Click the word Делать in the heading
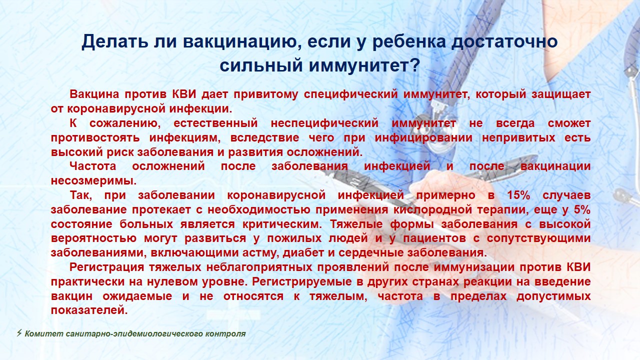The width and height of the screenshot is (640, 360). pyautogui.click(x=115, y=41)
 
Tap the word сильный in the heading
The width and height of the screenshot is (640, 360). pyautogui.click(x=261, y=65)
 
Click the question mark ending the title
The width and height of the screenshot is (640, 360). pyautogui.click(x=415, y=65)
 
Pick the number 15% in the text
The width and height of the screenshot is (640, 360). pyautogui.click(x=518, y=195)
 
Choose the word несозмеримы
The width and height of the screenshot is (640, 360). pyautogui.click(x=93, y=181)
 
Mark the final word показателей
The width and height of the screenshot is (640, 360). pyautogui.click(x=89, y=310)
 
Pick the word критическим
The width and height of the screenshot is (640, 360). pyautogui.click(x=282, y=224)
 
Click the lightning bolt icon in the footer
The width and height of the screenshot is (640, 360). pyautogui.click(x=19, y=333)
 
